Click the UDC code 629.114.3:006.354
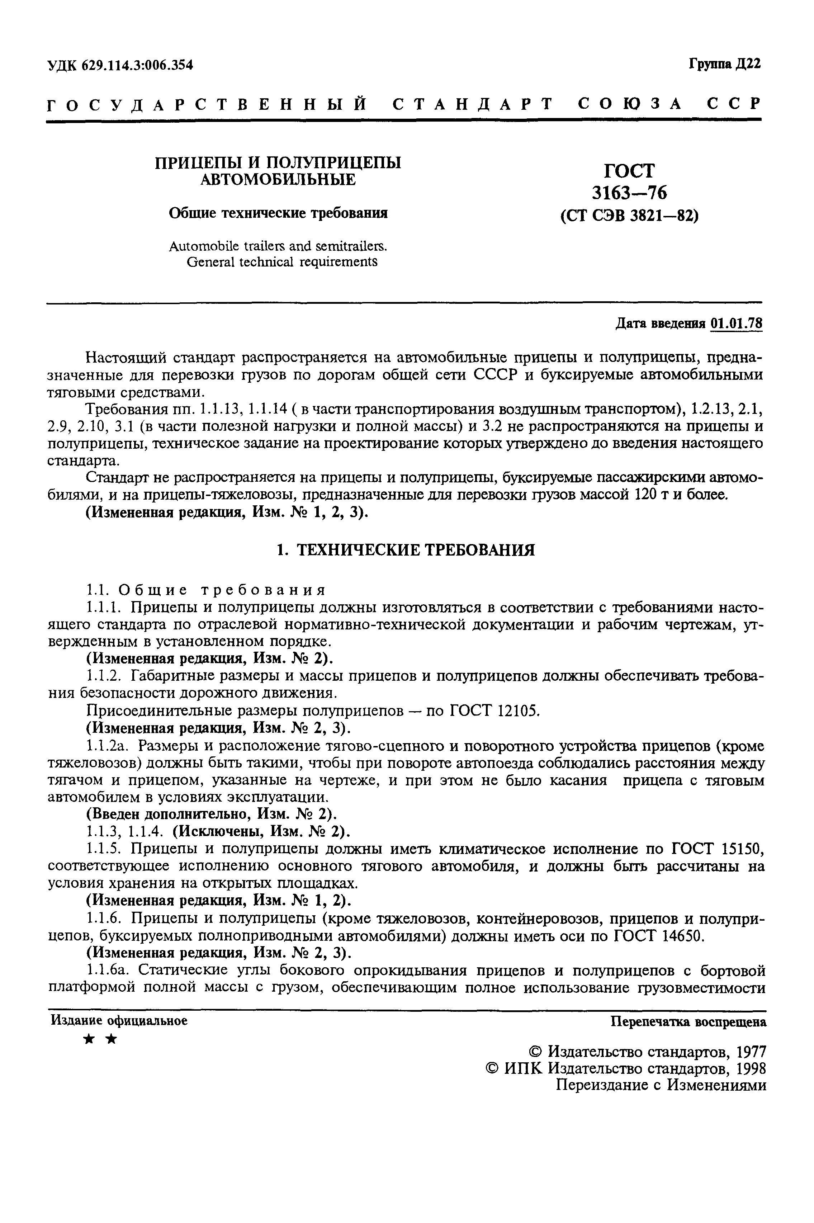coord(137,65)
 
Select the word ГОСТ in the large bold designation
coord(629,171)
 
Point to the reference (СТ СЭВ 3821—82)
coord(629,216)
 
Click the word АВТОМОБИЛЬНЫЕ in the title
coord(278,180)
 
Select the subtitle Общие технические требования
coord(278,213)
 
